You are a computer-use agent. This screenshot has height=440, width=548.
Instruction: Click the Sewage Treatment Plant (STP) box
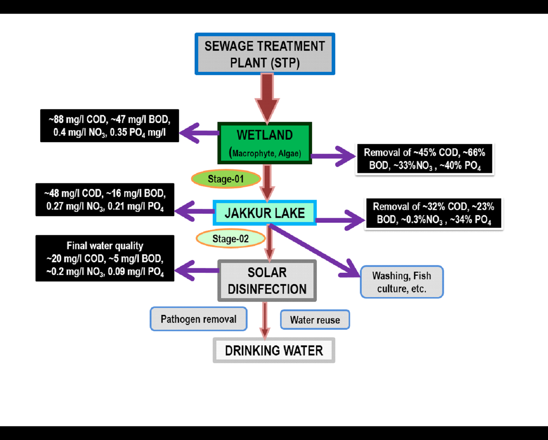pos(265,54)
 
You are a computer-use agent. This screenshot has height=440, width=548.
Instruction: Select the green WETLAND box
pos(265,143)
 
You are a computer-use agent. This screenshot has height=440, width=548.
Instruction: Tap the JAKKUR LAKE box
pos(265,213)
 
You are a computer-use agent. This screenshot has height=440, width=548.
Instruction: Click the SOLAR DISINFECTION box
pos(267,280)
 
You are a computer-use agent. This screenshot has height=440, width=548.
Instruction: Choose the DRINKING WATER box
pos(274,350)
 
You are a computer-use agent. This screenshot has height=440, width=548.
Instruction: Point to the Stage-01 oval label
pos(226,179)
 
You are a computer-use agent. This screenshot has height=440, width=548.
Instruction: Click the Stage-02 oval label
pos(231,239)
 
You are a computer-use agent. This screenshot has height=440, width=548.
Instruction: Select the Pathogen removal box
pos(199,319)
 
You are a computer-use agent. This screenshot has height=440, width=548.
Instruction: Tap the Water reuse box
pos(315,320)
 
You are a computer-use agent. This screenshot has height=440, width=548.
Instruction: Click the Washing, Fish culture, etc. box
pos(402,282)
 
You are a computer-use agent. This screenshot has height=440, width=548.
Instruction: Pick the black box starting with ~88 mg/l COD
pos(109,126)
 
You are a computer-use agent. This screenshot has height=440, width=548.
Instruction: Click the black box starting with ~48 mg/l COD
pos(105,200)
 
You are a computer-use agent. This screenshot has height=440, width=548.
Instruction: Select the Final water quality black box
pos(105,258)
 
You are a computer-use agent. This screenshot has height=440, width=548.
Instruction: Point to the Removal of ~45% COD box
pos(424,159)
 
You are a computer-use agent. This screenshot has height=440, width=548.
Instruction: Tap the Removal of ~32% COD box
pos(433,213)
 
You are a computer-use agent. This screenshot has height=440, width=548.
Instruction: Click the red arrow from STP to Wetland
pos(267,96)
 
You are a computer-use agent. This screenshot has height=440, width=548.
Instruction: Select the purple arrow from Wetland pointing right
pos(333,156)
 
